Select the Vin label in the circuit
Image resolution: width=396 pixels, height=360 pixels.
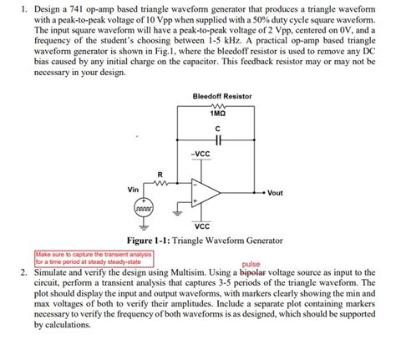pyautogui.click(x=133, y=189)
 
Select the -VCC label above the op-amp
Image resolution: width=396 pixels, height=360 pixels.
pyautogui.click(x=200, y=154)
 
